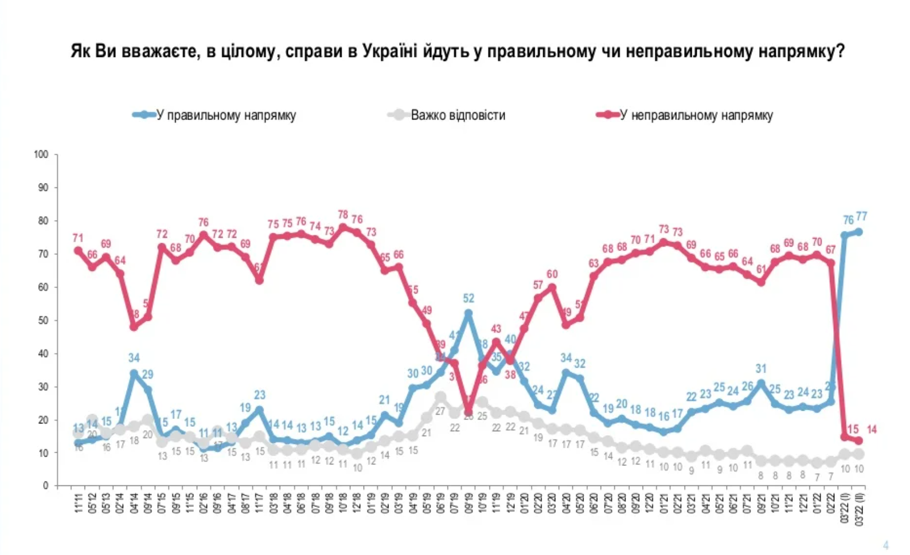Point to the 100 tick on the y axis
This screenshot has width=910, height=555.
tap(41, 154)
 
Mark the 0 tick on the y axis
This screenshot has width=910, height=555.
tap(46, 486)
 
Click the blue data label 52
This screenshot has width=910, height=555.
tap(469, 299)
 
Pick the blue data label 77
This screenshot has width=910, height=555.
tap(862, 216)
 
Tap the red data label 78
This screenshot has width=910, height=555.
tap(343, 214)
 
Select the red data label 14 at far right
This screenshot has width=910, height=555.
tap(871, 430)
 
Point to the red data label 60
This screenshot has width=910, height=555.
tap(552, 274)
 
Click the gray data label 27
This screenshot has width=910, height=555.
tap(440, 411)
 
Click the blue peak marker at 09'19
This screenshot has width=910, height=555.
tap(469, 313)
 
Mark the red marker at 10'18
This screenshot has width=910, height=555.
tap(343, 227)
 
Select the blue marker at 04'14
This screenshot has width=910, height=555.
tap(134, 373)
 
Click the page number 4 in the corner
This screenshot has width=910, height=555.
tap(886, 545)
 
